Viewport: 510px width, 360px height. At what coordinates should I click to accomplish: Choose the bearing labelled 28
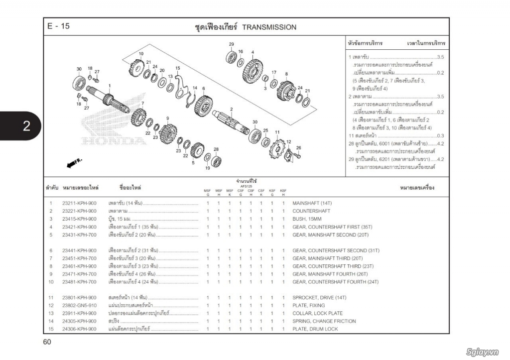pyautogui.click(x=216, y=161)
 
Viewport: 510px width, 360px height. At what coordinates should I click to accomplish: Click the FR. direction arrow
pyautogui.click(x=72, y=163)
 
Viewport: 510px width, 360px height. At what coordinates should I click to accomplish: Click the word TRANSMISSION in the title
pyautogui.click(x=269, y=27)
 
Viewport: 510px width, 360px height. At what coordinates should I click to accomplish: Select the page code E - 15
pyautogui.click(x=58, y=27)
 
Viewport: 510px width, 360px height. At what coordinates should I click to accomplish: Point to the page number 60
pyautogui.click(x=47, y=342)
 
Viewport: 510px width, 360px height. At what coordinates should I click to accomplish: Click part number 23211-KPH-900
pyautogui.click(x=79, y=203)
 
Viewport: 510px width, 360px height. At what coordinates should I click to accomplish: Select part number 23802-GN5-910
pyautogui.click(x=79, y=305)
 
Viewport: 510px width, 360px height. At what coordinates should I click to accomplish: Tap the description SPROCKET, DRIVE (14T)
pyautogui.click(x=320, y=297)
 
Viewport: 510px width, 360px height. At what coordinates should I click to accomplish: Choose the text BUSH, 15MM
pyautogui.click(x=307, y=219)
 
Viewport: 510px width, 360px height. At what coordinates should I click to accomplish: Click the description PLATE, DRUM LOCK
pyautogui.click(x=315, y=329)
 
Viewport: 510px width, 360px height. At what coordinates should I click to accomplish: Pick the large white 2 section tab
pyautogui.click(x=26, y=126)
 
